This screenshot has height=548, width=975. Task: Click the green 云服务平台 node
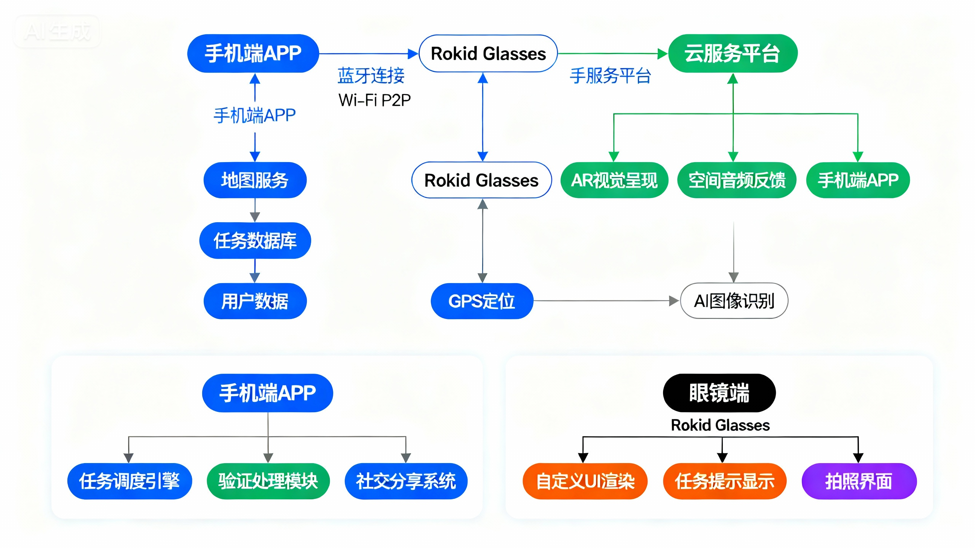[x=732, y=53]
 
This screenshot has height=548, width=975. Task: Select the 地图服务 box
[x=255, y=180]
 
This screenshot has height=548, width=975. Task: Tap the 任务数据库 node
[x=255, y=241]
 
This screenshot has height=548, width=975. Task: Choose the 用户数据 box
[x=255, y=301]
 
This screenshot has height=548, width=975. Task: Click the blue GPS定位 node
[x=482, y=301]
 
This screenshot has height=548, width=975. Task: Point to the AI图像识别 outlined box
[x=734, y=301]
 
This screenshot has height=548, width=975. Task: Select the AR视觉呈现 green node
[x=614, y=180]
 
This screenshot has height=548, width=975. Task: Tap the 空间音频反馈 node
[x=737, y=180]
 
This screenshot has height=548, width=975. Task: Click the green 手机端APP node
[x=858, y=180]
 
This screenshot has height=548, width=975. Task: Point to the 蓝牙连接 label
[x=371, y=75]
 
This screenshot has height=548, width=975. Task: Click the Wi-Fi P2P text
[x=374, y=100]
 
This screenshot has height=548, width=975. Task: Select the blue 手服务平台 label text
[x=610, y=75]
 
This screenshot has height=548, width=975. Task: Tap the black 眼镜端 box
[x=719, y=393]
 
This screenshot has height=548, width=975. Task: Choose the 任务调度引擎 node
[x=129, y=481]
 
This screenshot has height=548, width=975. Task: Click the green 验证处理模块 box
[x=268, y=481]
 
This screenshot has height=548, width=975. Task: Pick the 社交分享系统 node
[x=406, y=481]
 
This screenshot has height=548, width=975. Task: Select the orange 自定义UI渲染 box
[x=585, y=481]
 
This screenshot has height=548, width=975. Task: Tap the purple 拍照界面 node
[x=859, y=481]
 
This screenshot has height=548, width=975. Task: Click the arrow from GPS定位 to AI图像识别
[x=606, y=301]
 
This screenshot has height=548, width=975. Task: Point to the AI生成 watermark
[x=57, y=31]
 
